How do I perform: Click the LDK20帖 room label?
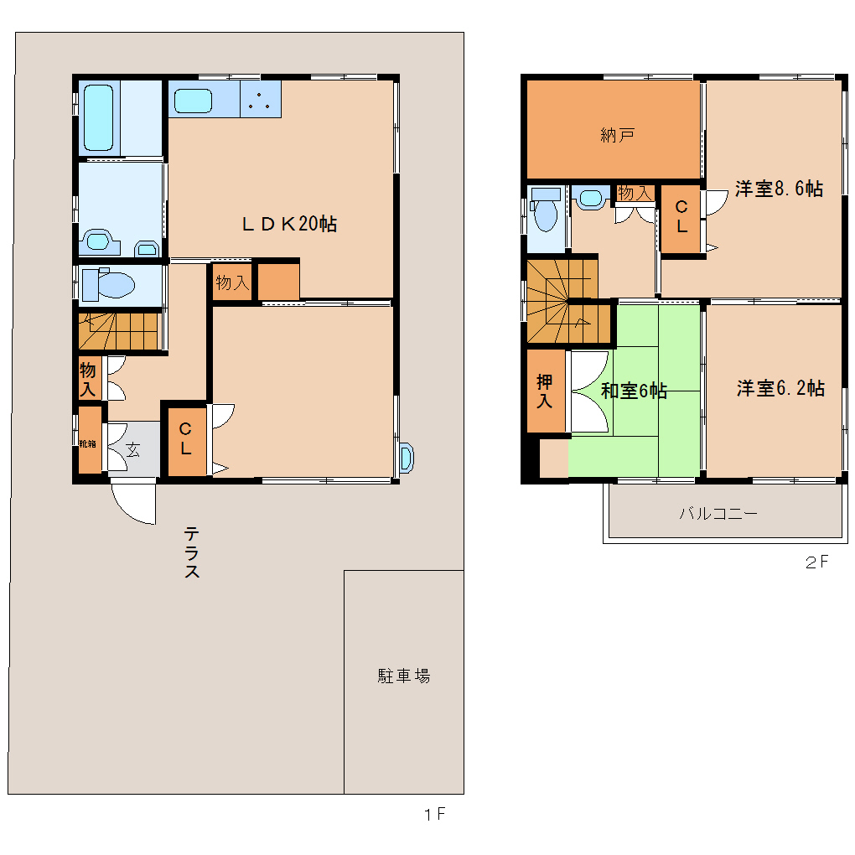[x=289, y=224]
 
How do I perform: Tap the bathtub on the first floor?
[x=99, y=117]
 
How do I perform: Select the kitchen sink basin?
[x=193, y=101]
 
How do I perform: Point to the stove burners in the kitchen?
[x=260, y=99]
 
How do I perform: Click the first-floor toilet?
[x=109, y=284]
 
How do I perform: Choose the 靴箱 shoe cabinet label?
[x=88, y=444]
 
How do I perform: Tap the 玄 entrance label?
[x=133, y=450]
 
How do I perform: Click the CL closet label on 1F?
[x=185, y=438]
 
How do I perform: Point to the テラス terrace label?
[x=191, y=552]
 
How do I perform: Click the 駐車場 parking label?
[x=404, y=676]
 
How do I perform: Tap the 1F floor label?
[x=434, y=815]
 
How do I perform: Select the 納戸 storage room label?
[x=617, y=135]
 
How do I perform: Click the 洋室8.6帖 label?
[x=780, y=189]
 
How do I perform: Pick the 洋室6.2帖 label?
[x=781, y=388]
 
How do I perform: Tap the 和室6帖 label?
[x=634, y=391]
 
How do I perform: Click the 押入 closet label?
[x=544, y=391]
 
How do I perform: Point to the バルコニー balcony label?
[x=718, y=514]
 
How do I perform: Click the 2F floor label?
[x=816, y=562]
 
